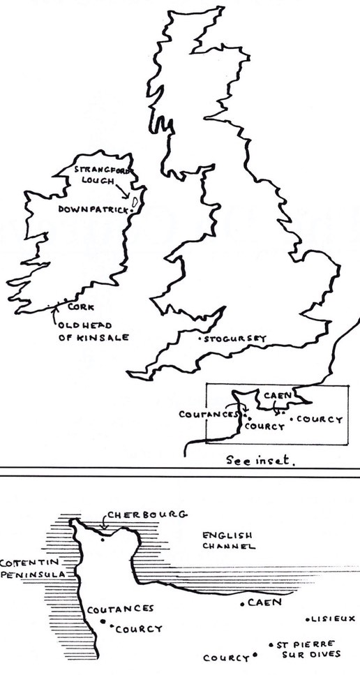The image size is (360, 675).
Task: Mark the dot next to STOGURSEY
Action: coord(200,340)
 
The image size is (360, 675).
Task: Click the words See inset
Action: coord(261,461)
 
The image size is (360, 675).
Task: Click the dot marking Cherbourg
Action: coord(103,538)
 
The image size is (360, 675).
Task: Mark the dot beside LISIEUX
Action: coord(308,618)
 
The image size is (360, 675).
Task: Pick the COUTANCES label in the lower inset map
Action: coord(120,609)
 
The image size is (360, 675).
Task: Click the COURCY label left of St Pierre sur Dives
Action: coord(225,658)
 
